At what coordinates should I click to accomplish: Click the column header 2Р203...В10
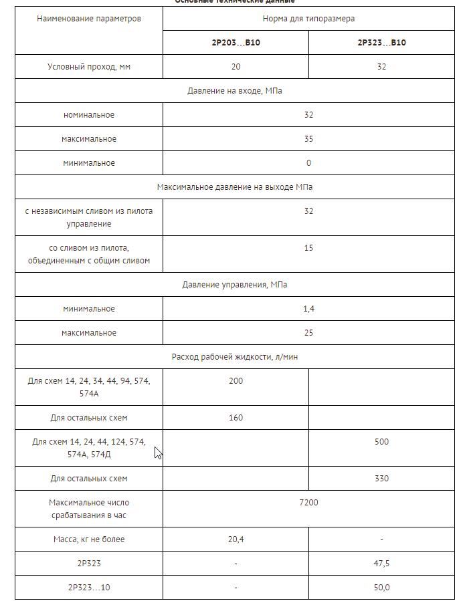[236, 43]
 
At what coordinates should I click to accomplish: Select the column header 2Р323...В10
[381, 43]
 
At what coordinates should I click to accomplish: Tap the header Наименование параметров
[89, 19]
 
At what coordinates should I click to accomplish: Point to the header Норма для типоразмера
[308, 19]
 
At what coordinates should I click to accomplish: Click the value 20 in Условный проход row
[236, 67]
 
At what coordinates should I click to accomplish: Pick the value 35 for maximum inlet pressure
[308, 139]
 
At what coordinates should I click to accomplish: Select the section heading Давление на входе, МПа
[234, 91]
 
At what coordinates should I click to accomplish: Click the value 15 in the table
[308, 248]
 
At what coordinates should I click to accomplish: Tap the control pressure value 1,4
[308, 309]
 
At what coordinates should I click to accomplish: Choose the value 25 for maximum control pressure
[308, 333]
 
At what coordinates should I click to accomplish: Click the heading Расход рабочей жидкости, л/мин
[234, 357]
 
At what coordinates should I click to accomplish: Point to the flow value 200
[236, 381]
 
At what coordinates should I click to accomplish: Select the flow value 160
[236, 418]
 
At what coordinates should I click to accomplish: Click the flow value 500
[381, 442]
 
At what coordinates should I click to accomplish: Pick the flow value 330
[381, 479]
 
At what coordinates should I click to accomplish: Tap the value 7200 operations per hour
[308, 503]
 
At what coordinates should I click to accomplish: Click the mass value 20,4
[236, 539]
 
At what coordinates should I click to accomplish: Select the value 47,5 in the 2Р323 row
[381, 564]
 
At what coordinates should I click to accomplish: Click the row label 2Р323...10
[89, 588]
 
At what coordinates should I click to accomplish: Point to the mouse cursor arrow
[158, 453]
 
